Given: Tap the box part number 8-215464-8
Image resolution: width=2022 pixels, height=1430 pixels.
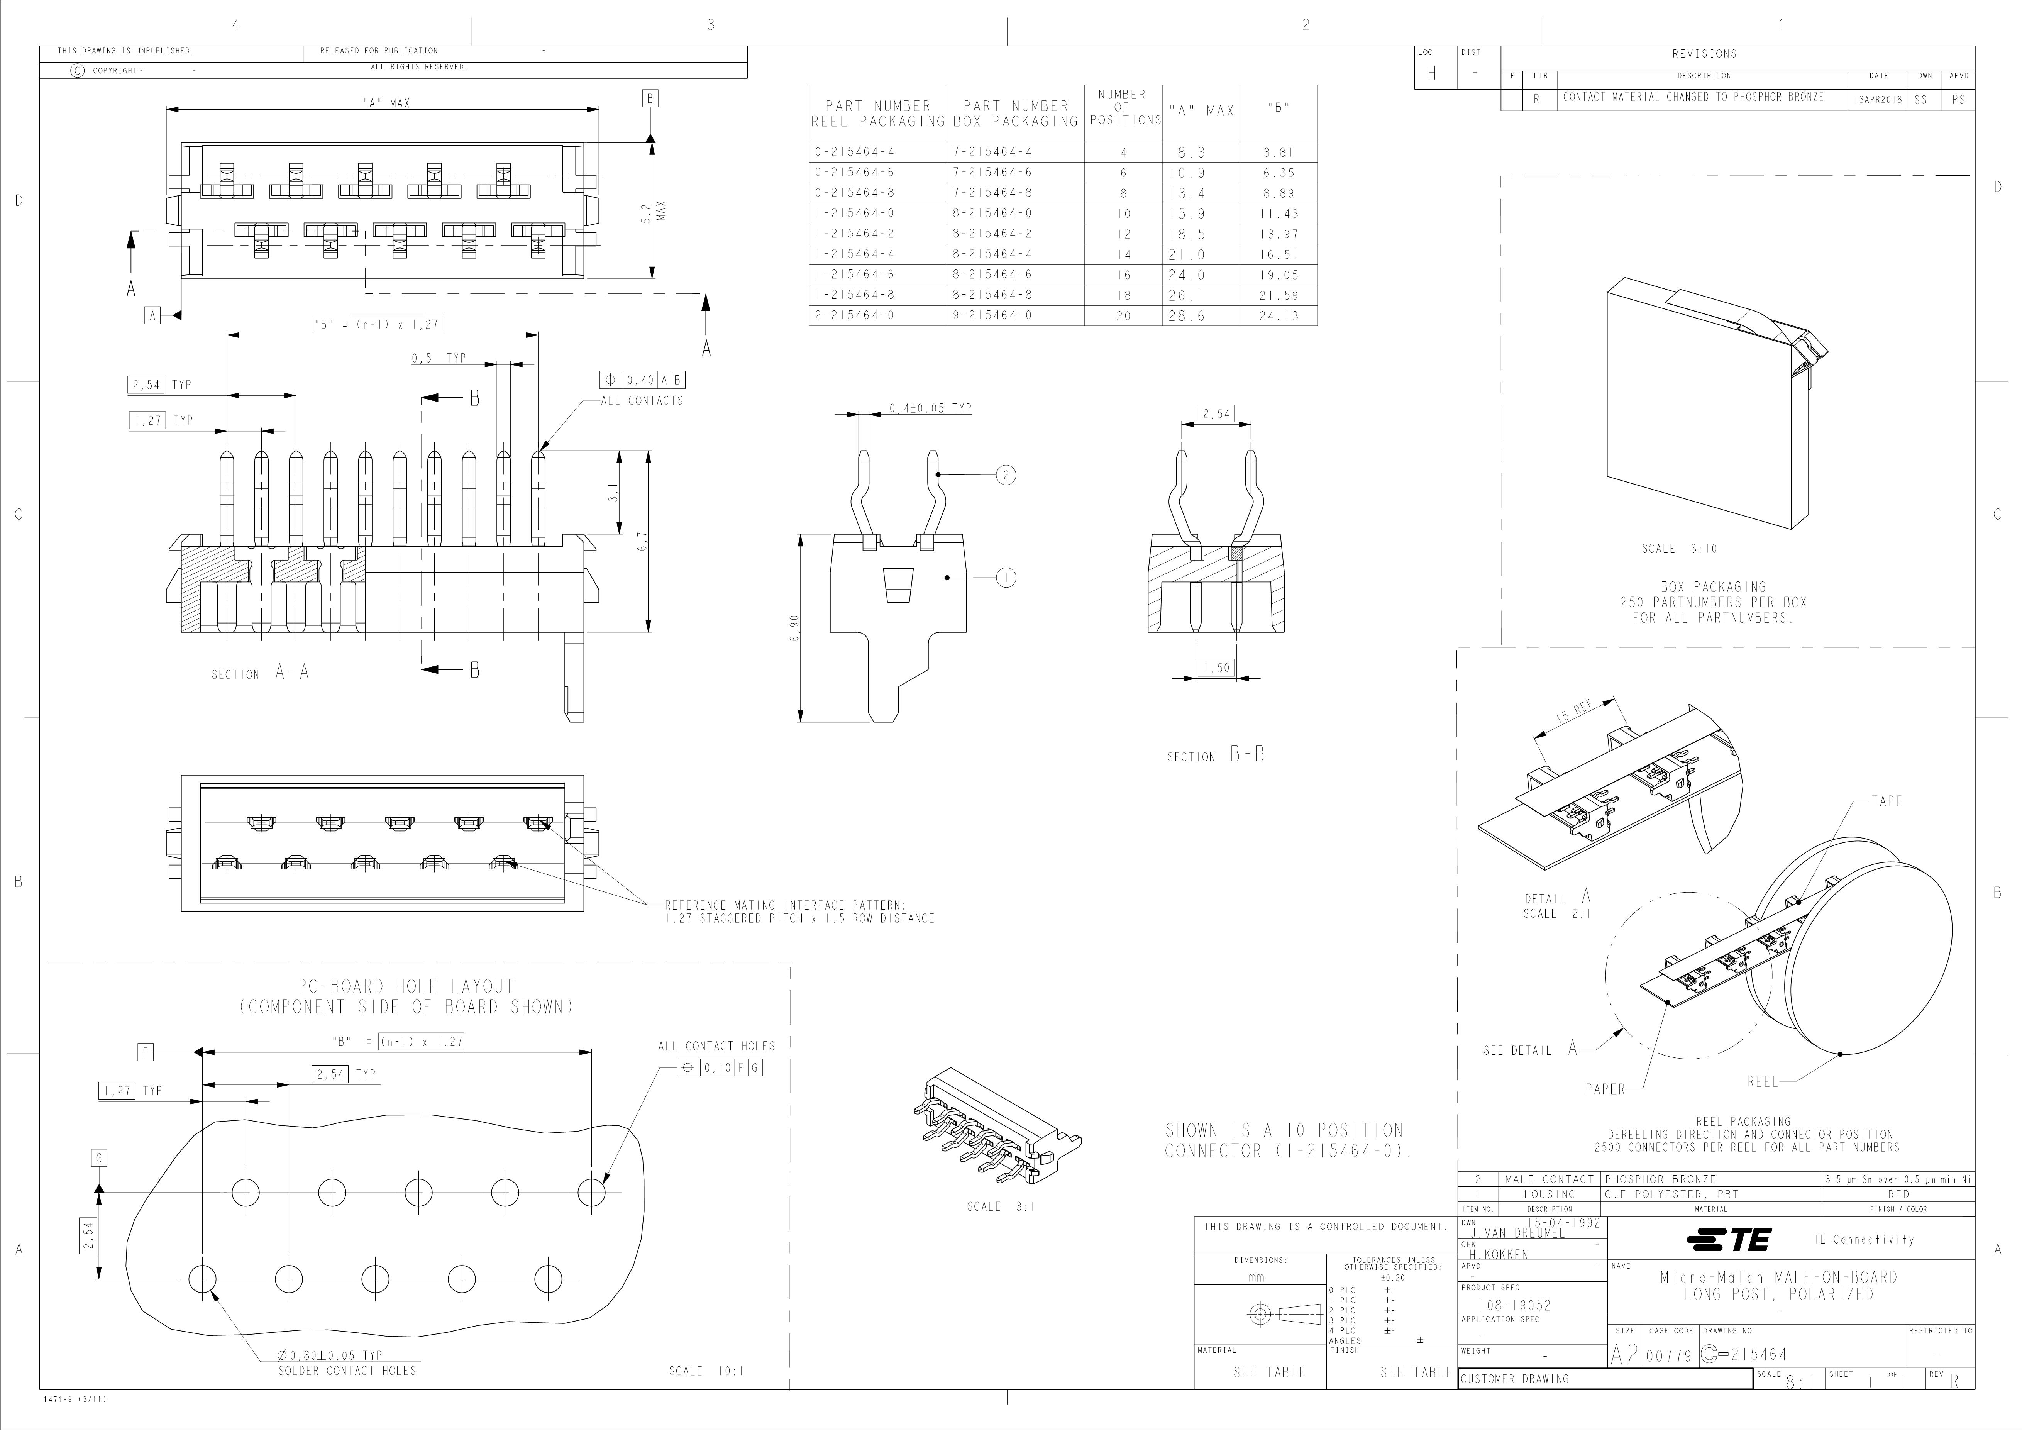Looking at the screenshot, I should (x=992, y=295).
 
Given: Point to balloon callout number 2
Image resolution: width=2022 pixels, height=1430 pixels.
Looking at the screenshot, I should (x=1006, y=476).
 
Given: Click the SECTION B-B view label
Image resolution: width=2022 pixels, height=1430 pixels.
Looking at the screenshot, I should (x=1215, y=756).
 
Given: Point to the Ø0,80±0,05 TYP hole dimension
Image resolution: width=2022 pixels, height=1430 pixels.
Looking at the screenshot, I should (x=329, y=1355).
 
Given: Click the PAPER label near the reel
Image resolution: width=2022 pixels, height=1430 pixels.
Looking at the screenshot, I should (x=1605, y=1089).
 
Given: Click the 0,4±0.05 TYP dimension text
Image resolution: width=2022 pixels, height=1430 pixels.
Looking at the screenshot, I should (x=930, y=408).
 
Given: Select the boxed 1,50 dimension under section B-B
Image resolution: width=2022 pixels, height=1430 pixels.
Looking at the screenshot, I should (x=1216, y=668).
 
